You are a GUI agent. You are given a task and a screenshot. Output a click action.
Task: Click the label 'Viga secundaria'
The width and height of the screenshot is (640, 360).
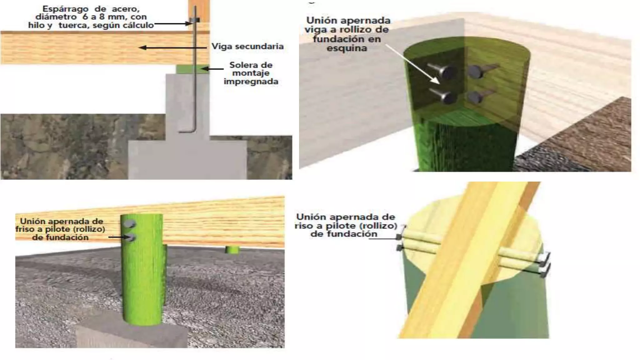click(247, 47)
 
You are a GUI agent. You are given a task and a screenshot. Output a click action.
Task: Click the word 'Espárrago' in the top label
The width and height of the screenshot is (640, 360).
click(61, 9)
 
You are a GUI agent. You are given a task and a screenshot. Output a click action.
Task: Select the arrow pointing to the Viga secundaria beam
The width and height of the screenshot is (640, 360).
click(173, 48)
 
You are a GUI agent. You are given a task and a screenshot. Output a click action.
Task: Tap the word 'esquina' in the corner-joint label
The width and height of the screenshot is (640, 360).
click(347, 48)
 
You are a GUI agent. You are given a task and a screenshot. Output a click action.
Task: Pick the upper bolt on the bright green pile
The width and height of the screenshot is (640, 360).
click(130, 224)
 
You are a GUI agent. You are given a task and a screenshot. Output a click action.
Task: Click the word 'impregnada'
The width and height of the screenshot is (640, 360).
click(251, 82)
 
